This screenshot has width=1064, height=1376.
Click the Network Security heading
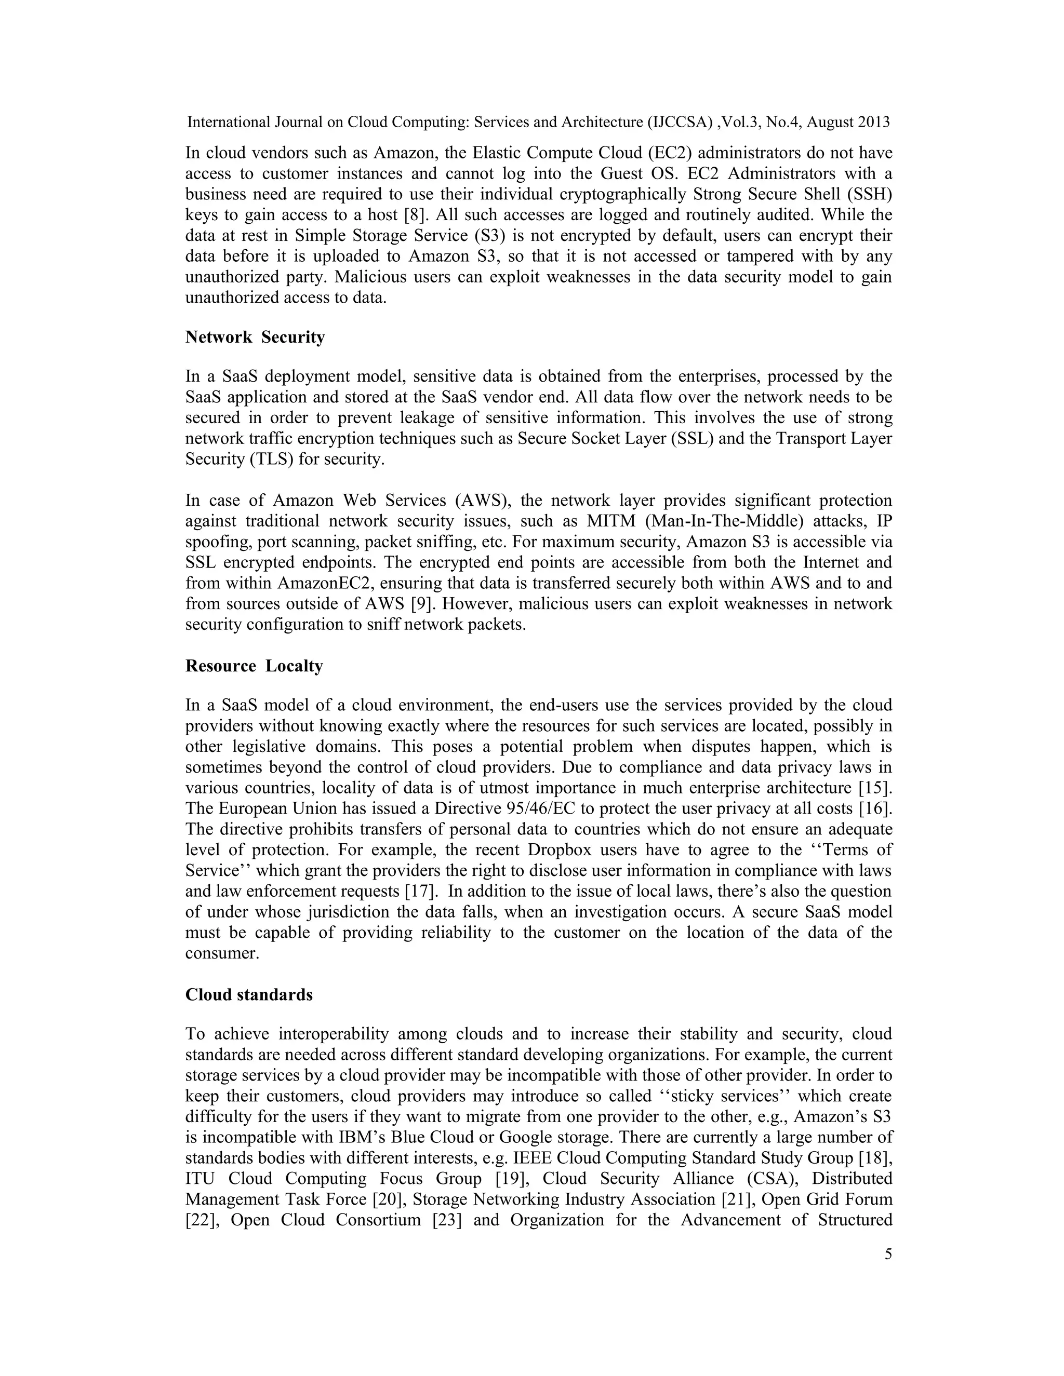pos(255,337)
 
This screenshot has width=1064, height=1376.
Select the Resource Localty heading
pos(254,666)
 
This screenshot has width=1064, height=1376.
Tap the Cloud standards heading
pos(248,995)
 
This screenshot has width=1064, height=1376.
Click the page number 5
pos(888,1254)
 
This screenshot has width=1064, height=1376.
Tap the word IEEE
pos(533,1158)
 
